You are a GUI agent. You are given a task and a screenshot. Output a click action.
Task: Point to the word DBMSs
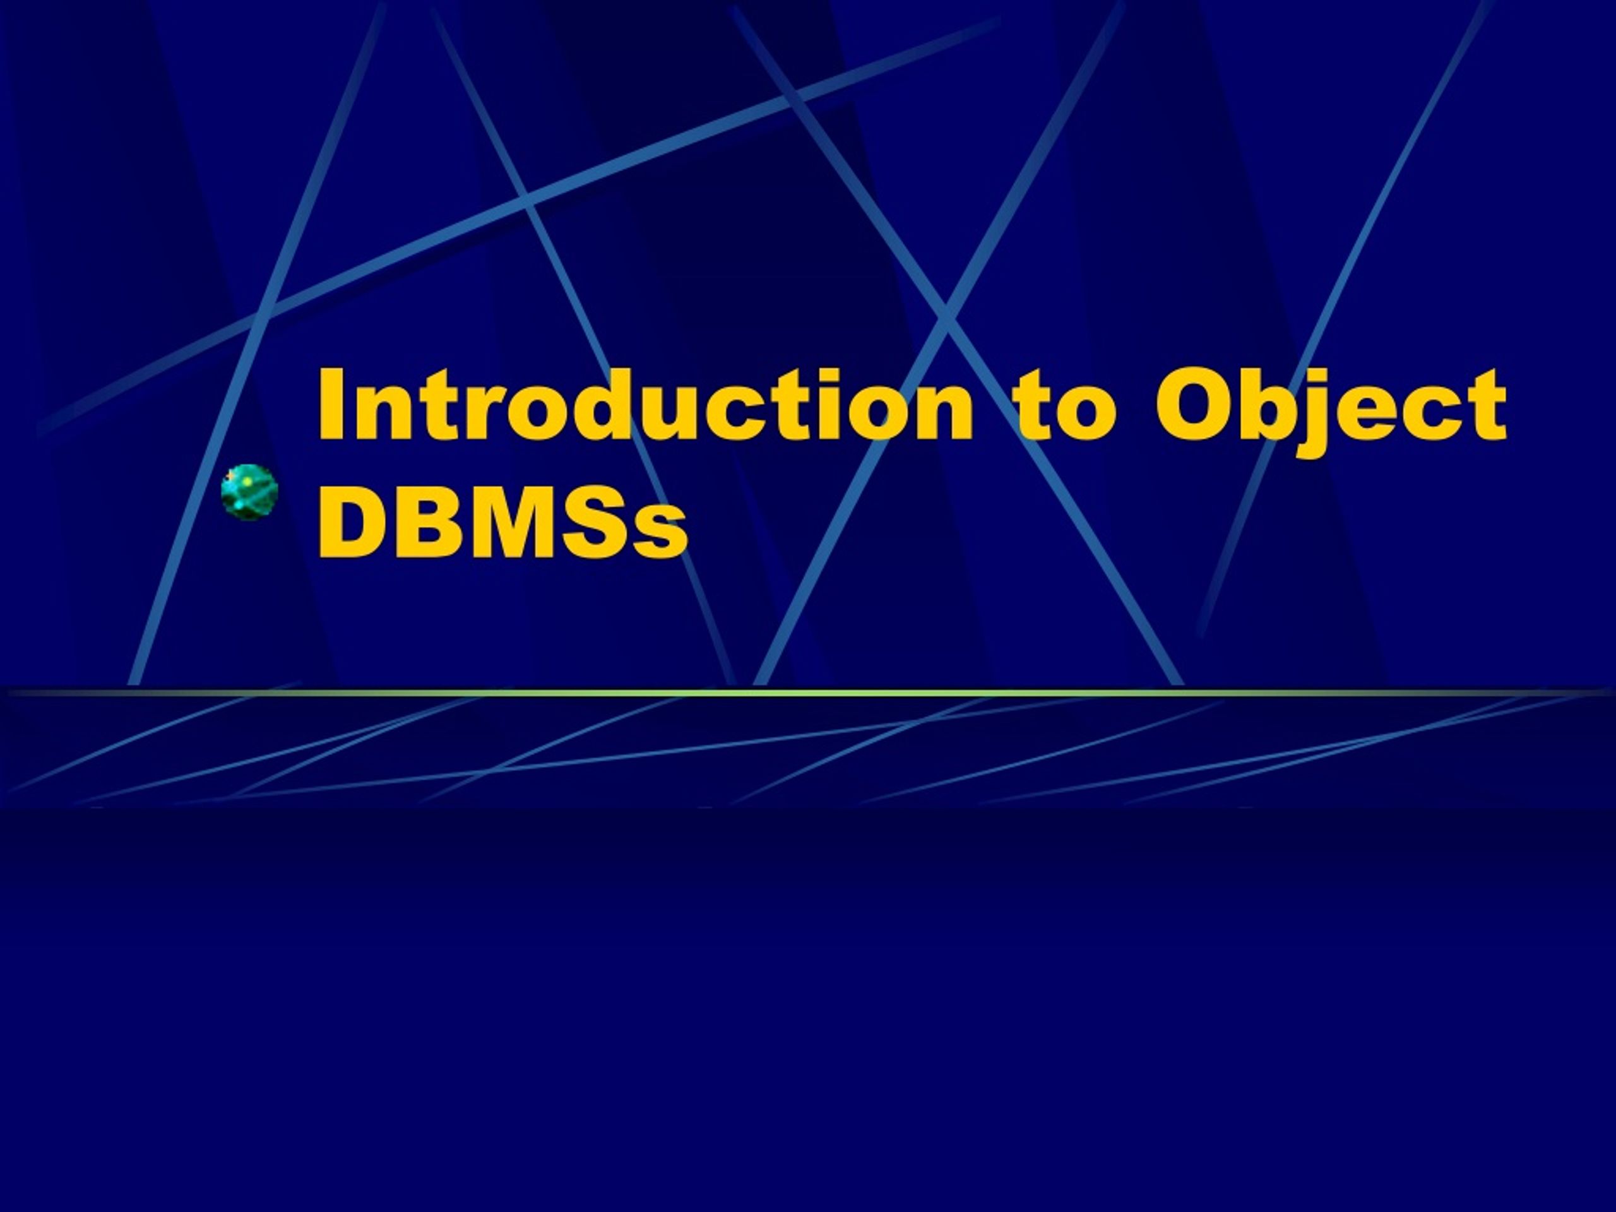[x=502, y=523]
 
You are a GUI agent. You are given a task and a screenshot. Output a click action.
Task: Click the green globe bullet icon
[x=250, y=492]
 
